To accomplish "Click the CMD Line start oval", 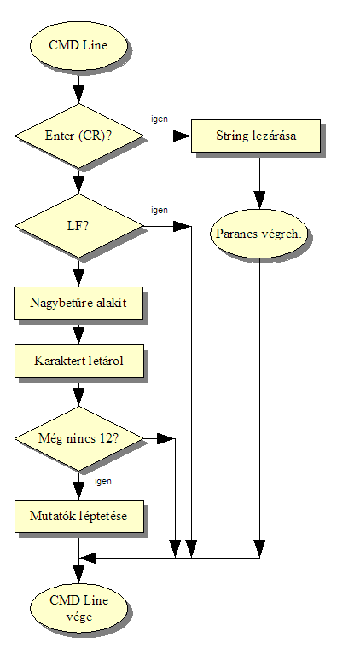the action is (x=78, y=45).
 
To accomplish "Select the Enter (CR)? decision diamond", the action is (x=78, y=136).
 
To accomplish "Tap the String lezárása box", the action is (x=256, y=136).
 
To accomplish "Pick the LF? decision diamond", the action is (x=78, y=226).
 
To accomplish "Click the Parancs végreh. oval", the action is (x=259, y=234).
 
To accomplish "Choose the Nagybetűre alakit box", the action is (x=78, y=303).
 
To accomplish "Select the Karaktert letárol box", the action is (x=79, y=362).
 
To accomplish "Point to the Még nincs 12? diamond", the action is (x=78, y=438).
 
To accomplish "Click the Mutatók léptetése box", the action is (x=79, y=516).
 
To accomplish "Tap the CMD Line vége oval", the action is (x=78, y=609).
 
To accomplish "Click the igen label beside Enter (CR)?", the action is (x=160, y=119).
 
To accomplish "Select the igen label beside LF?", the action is (x=160, y=210).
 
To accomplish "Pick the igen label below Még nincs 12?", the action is (x=103, y=481).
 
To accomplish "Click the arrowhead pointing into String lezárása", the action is (x=183, y=136).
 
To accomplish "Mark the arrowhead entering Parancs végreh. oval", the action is (x=260, y=200).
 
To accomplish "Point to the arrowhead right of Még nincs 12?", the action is (x=165, y=438).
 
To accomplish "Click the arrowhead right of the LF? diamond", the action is (x=183, y=226).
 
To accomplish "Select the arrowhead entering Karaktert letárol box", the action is (x=78, y=336).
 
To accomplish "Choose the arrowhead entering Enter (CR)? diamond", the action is (x=78, y=95).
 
